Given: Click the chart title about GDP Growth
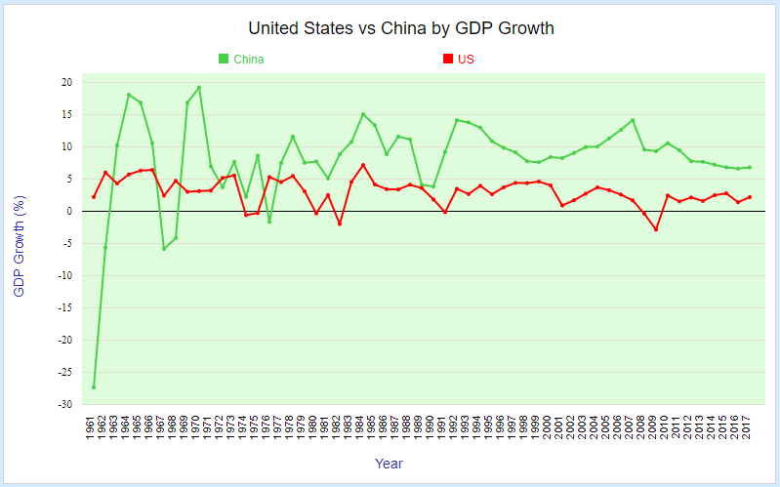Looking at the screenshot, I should pyautogui.click(x=401, y=28).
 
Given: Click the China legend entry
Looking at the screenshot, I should pyautogui.click(x=248, y=60).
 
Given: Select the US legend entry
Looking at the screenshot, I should pyautogui.click(x=466, y=60).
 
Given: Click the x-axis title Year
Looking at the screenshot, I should pyautogui.click(x=389, y=464).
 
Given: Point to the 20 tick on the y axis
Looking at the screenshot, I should pyautogui.click(x=66, y=83).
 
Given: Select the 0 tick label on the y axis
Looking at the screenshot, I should pyautogui.click(x=69, y=212).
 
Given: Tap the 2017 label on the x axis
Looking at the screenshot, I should pyautogui.click(x=750, y=427).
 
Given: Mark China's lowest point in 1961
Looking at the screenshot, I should pyautogui.click(x=94, y=387).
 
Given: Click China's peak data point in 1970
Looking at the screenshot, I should pyautogui.click(x=199, y=88).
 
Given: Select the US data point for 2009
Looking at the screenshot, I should pyautogui.click(x=656, y=229).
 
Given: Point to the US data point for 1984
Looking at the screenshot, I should pyautogui.click(x=363, y=165).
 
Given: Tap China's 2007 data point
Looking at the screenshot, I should pyautogui.click(x=633, y=120).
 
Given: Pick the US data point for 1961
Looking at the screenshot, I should pyautogui.click(x=94, y=197).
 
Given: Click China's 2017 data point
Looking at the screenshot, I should pyautogui.click(x=750, y=167).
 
